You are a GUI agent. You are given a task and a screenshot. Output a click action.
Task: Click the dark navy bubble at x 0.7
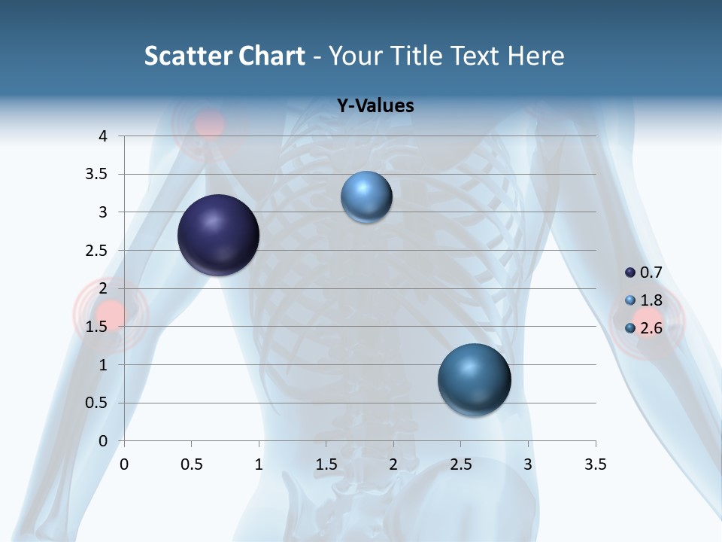pos(219,235)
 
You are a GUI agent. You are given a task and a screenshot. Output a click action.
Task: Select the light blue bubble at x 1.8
pos(366,196)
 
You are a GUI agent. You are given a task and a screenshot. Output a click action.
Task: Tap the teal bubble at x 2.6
pos(474,379)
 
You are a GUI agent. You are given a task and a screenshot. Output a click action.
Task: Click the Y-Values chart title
pos(375,106)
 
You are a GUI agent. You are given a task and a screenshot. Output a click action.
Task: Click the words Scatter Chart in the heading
pos(225,56)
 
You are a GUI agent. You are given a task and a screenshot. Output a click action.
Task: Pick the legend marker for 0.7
pos(630,273)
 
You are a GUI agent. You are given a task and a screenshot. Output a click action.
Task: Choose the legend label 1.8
pos(651,300)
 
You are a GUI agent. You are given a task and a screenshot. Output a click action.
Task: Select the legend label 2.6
pos(651,328)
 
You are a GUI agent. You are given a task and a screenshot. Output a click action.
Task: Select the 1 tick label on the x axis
pos(259,464)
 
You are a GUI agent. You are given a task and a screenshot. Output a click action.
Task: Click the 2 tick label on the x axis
pos(393,464)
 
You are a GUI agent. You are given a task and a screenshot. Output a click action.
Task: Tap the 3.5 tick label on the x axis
pos(596,464)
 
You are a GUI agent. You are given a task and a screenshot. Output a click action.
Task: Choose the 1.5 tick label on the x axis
pos(326,464)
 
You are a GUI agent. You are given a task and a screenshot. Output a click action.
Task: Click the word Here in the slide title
pos(535,56)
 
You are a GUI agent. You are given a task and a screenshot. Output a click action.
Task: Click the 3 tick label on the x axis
pos(528,464)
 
